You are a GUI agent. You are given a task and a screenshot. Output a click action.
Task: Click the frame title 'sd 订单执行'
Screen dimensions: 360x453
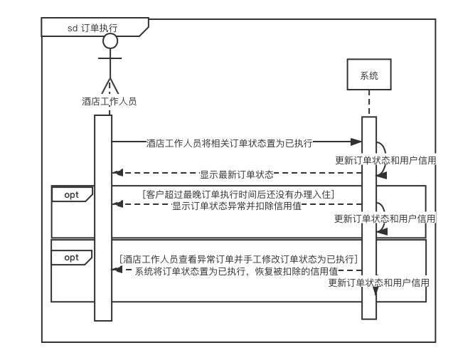(x=92, y=28)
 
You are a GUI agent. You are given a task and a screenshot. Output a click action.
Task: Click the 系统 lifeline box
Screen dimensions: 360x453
(x=369, y=75)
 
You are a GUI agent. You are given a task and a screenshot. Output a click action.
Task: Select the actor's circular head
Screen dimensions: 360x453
(x=110, y=41)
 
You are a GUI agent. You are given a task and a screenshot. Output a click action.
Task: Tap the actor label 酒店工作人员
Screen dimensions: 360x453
(x=109, y=101)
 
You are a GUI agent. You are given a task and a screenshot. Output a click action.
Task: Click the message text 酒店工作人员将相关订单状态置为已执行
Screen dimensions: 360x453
(x=229, y=143)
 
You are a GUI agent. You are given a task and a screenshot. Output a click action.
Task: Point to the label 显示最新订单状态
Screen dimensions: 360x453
(x=237, y=174)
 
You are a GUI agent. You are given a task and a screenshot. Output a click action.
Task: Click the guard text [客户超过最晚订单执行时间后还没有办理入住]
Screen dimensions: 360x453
(x=238, y=194)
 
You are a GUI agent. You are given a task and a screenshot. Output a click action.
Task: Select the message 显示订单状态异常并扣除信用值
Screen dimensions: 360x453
(x=238, y=206)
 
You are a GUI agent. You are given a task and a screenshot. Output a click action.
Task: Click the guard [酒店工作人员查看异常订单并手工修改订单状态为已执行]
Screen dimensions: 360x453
(x=238, y=259)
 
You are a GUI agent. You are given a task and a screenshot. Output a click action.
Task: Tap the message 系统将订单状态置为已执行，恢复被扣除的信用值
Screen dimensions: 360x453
(x=236, y=271)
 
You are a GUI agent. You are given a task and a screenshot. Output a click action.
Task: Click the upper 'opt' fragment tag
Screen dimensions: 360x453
(x=72, y=194)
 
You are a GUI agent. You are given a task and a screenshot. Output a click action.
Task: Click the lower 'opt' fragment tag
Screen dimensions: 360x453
(x=72, y=257)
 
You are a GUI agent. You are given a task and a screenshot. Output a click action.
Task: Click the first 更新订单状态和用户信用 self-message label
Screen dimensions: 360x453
(x=385, y=160)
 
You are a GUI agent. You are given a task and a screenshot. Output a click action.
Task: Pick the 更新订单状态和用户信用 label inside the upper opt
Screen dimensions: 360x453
(x=385, y=218)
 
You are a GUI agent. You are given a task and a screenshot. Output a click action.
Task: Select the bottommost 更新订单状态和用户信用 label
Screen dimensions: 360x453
(x=379, y=282)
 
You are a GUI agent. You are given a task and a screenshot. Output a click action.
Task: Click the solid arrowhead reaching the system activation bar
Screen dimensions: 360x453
(x=358, y=142)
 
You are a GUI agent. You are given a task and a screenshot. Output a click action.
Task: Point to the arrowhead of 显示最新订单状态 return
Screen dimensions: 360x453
(x=117, y=173)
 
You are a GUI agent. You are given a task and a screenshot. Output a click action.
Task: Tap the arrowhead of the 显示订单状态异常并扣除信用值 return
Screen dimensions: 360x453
(x=117, y=204)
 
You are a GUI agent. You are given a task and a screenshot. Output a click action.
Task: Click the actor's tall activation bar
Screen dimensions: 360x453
(x=103, y=217)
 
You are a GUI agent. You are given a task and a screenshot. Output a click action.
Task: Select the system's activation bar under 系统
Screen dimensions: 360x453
(x=368, y=217)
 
